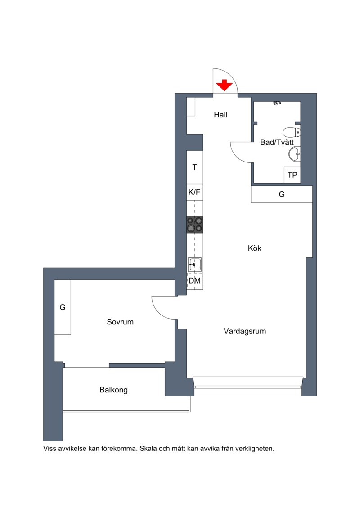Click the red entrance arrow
[225, 85]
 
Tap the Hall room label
[220, 115]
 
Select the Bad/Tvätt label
[277, 142]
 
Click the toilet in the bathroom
[292, 132]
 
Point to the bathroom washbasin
[294, 154]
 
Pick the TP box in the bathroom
[292, 175]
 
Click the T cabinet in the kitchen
[195, 167]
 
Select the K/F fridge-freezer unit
[195, 192]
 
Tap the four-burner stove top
[195, 225]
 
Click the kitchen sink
[195, 265]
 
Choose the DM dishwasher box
[195, 281]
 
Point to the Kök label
[255, 248]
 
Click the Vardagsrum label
[245, 331]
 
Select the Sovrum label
[120, 322]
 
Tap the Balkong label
[113, 390]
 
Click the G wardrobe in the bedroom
[63, 307]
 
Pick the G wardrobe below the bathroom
[282, 194]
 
